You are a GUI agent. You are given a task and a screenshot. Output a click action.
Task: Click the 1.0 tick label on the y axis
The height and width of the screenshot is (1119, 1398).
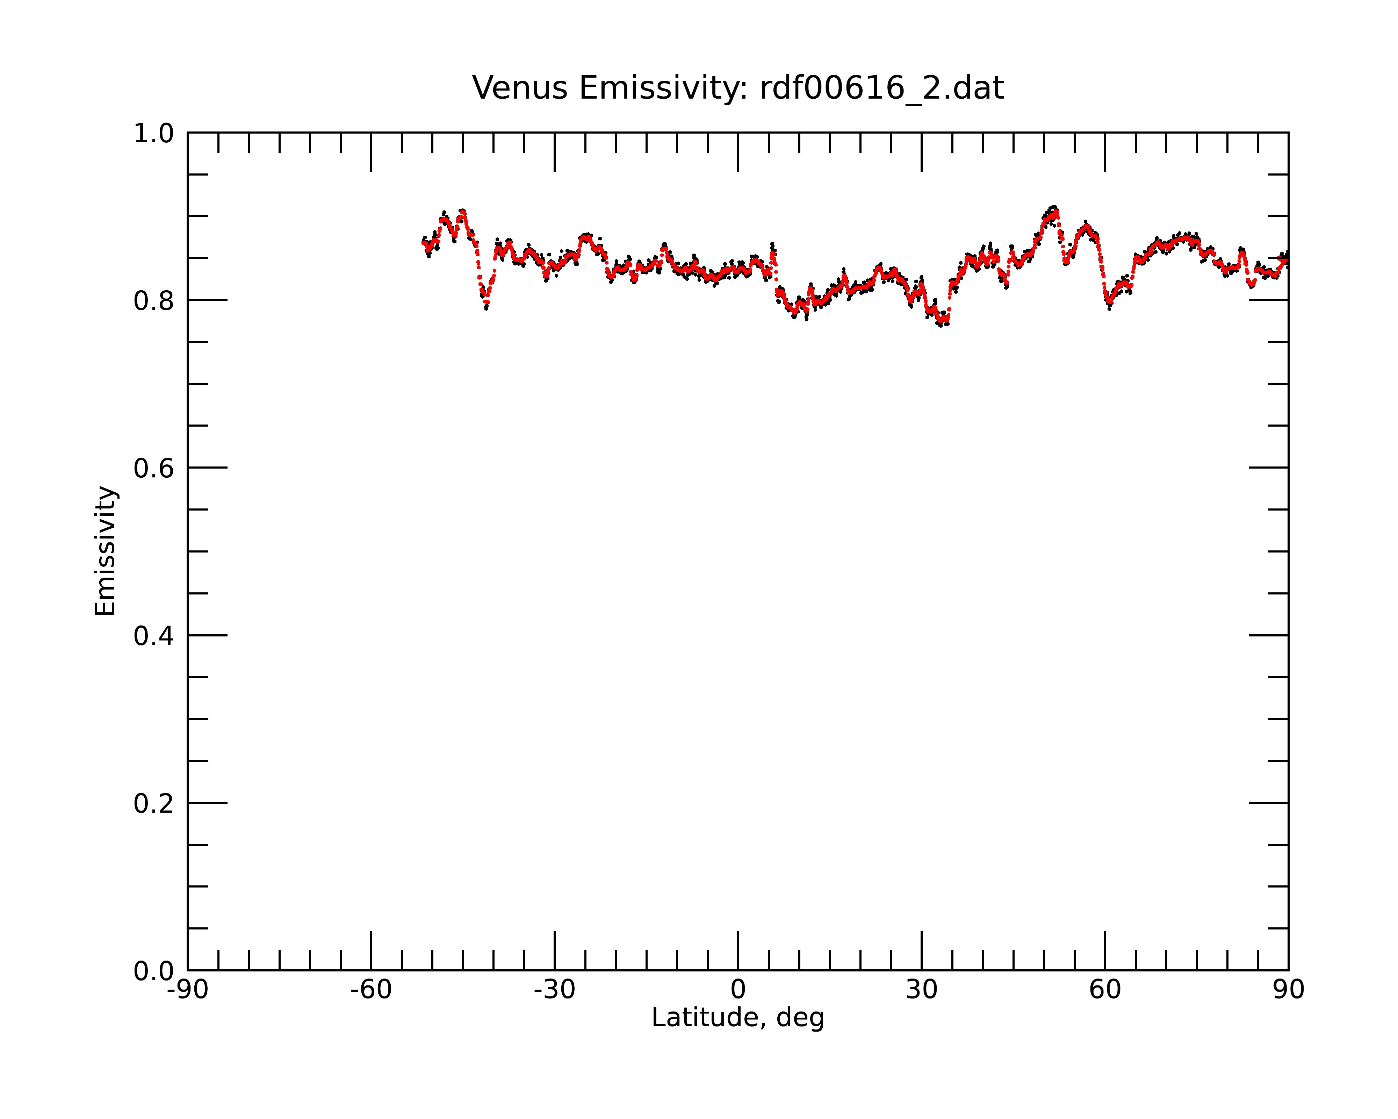tap(154, 134)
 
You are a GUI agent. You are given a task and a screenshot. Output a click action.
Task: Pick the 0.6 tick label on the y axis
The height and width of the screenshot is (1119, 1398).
tap(154, 468)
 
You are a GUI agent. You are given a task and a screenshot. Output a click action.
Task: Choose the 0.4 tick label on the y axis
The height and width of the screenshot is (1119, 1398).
tap(154, 636)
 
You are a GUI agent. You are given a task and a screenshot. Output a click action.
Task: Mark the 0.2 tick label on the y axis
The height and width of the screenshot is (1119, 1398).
tap(154, 803)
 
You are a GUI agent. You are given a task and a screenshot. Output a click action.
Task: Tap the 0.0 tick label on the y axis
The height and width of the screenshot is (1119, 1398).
tap(154, 971)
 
